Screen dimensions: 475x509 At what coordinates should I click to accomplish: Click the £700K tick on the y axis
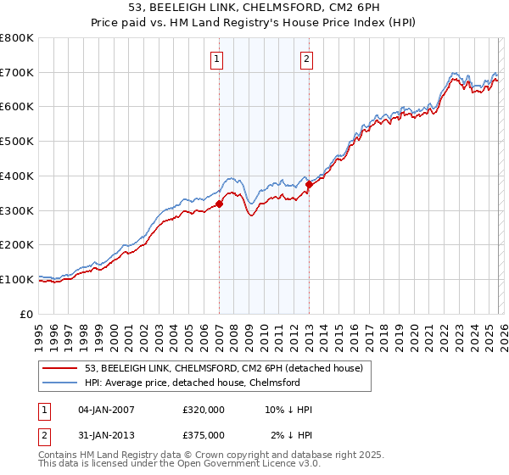pos(17,73)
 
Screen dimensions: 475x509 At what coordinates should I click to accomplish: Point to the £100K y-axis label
pos(17,279)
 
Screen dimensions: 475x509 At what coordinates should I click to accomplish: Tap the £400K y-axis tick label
pos(17,176)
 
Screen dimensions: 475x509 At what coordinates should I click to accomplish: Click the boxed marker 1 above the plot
pos(218,59)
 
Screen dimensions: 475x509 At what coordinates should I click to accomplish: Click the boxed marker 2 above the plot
pos(305,59)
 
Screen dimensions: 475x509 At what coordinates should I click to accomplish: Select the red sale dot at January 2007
pos(219,204)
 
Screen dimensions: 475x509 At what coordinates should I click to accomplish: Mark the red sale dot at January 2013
pos(309,184)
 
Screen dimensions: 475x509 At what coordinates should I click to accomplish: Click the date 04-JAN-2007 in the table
pos(106,410)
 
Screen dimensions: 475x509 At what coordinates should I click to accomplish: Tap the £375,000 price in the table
pos(204,434)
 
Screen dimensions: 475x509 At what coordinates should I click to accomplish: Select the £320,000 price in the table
pos(204,410)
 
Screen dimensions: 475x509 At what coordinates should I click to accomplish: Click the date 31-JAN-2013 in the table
pos(106,434)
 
